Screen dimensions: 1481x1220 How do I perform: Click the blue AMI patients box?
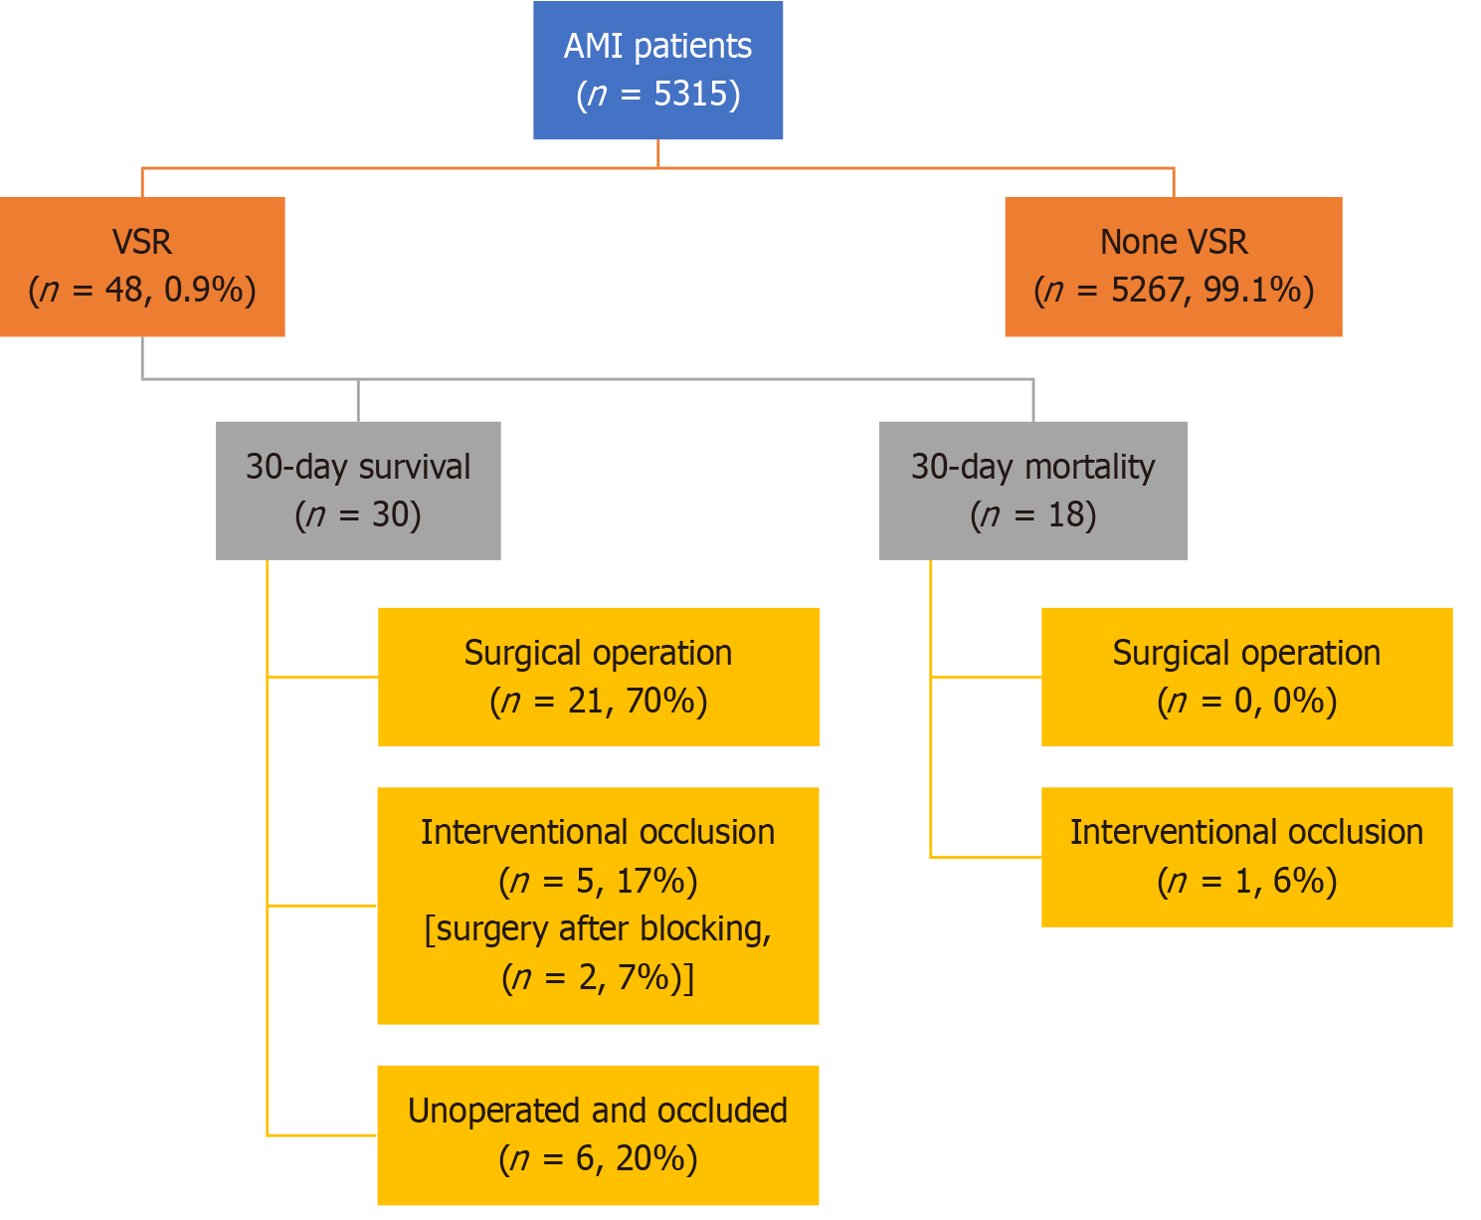(657, 70)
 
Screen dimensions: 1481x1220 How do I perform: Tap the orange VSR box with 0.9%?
(142, 267)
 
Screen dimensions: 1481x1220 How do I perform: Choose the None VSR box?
(1174, 267)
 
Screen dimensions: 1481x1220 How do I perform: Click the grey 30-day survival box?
(358, 491)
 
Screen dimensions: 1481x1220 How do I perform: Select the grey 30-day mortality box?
(1033, 491)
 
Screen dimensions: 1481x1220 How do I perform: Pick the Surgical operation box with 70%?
(599, 677)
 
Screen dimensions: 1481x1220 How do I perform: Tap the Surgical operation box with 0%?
(1246, 677)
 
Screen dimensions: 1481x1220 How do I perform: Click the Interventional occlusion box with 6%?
(1246, 858)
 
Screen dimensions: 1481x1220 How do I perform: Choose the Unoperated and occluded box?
(599, 1135)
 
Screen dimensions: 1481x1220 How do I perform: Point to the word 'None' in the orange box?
(1130, 242)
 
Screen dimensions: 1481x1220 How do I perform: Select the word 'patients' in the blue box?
(692, 48)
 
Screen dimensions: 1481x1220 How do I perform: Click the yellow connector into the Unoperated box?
(321, 1135)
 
